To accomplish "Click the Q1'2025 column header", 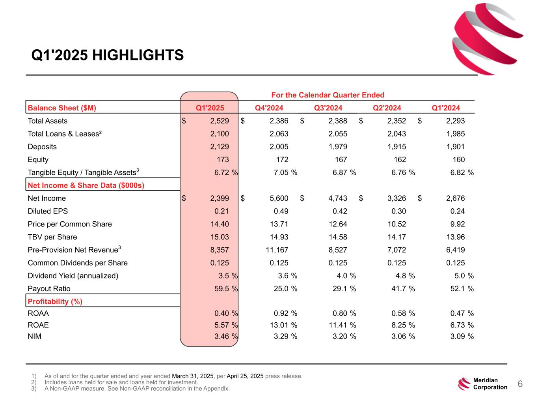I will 210,108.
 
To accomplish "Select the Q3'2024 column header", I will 328,108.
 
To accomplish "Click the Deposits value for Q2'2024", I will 397,147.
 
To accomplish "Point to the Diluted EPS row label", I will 48,211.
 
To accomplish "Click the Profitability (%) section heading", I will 55,302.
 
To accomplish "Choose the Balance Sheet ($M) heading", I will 62,108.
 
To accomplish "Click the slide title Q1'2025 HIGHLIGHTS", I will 108,55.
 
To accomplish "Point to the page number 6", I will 520,384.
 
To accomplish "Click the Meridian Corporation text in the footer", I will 490,384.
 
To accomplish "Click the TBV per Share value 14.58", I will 338,237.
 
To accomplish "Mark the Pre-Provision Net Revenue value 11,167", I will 277,250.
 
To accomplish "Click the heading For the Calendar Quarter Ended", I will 328,95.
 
